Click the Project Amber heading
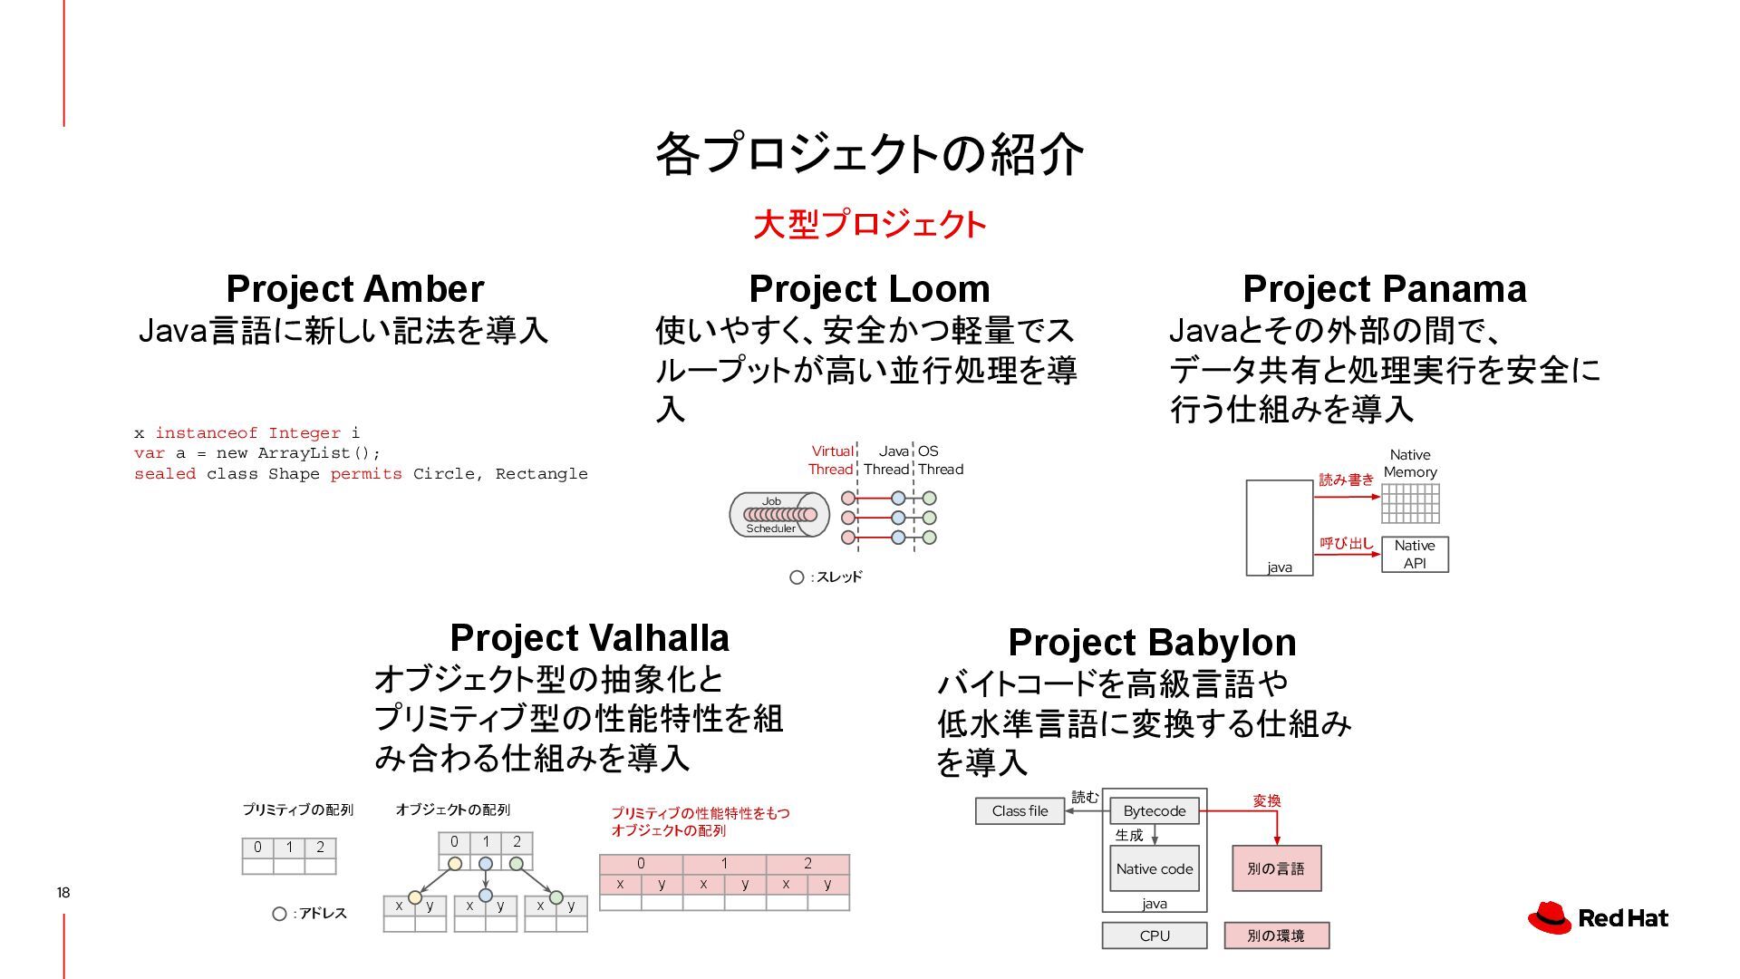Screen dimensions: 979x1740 (354, 289)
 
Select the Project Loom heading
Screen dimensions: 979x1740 (869, 289)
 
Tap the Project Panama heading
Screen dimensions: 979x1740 (1384, 289)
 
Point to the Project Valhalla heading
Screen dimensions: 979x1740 (589, 638)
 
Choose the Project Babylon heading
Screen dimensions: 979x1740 (1152, 643)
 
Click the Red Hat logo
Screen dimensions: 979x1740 (1598, 917)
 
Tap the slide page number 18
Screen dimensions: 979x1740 (63, 893)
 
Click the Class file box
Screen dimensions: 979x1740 (1020, 811)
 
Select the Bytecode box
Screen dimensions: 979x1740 (1154, 811)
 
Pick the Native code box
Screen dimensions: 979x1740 (1154, 868)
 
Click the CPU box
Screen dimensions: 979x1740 (1154, 935)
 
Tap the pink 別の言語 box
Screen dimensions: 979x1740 (1276, 868)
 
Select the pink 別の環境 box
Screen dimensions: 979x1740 (1276, 935)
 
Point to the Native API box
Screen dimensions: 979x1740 (1415, 554)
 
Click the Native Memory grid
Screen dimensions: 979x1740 (1410, 504)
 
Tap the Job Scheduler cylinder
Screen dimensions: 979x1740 (778, 515)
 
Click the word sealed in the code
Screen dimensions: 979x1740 (165, 474)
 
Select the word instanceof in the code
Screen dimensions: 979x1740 (207, 433)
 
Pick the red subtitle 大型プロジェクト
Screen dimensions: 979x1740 (869, 225)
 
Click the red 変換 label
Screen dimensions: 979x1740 (1267, 801)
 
